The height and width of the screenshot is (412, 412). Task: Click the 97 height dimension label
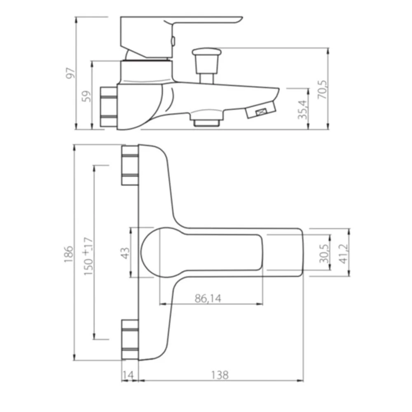coord(71,73)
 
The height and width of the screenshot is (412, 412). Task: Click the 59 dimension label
coord(87,96)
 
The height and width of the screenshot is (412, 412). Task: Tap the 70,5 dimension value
coord(323,89)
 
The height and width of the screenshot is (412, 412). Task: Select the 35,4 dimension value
coord(302,110)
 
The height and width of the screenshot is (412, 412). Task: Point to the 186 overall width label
coord(68,254)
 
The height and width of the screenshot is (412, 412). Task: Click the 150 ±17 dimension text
coord(88,256)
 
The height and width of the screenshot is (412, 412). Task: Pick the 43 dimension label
coord(125,253)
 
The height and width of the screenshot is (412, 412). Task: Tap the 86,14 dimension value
coord(208,298)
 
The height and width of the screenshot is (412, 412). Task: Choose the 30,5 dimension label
coord(324,253)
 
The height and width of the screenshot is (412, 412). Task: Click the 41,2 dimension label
coord(344,253)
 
